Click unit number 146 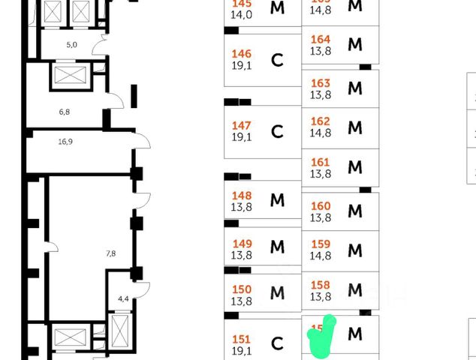[x=241, y=54]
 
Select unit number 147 [x=241, y=125]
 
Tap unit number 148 [x=241, y=195]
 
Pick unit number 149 [x=241, y=243]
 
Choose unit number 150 [x=241, y=289]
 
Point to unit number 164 [x=321, y=40]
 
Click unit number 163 [x=321, y=83]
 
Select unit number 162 [x=321, y=121]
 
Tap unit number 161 [x=321, y=162]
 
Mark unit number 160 [x=321, y=205]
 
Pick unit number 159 [x=321, y=244]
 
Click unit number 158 [x=321, y=284]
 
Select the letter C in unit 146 [x=277, y=61]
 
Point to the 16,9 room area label [x=66, y=139]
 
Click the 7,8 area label [x=110, y=253]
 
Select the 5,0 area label [x=72, y=45]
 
